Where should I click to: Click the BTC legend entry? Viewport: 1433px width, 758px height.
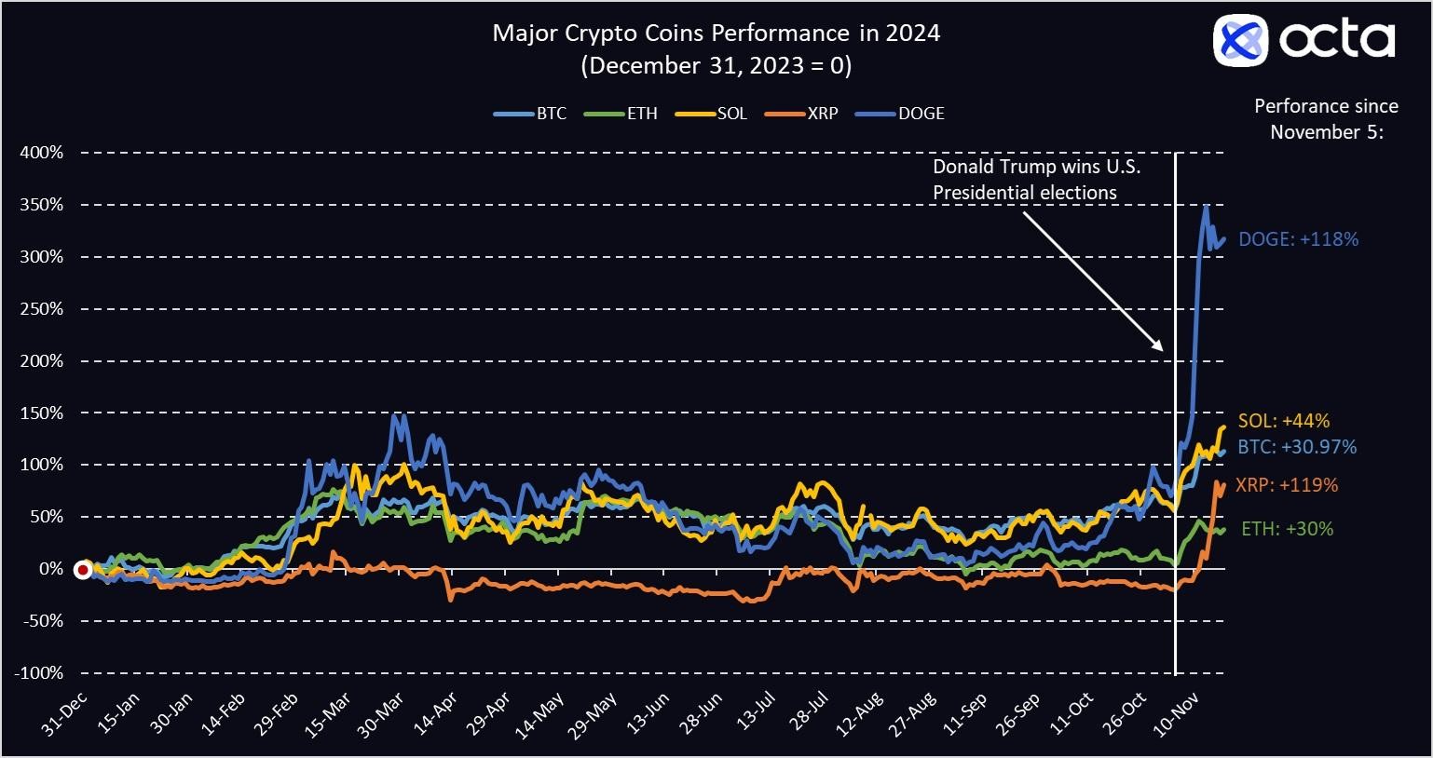[530, 114]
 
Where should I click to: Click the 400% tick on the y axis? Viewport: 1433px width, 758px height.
[41, 152]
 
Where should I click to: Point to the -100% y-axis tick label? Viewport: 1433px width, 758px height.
[38, 672]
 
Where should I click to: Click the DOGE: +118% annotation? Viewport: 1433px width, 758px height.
[1298, 239]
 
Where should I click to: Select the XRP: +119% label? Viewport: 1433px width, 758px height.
[1287, 485]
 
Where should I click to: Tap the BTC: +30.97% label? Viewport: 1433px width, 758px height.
[1297, 447]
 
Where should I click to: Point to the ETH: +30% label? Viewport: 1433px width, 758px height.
[1286, 529]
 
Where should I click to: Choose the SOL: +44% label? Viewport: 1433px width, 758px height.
[1283, 421]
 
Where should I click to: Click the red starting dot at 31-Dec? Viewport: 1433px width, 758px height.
[83, 570]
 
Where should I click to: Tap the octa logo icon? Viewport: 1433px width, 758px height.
[1240, 41]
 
